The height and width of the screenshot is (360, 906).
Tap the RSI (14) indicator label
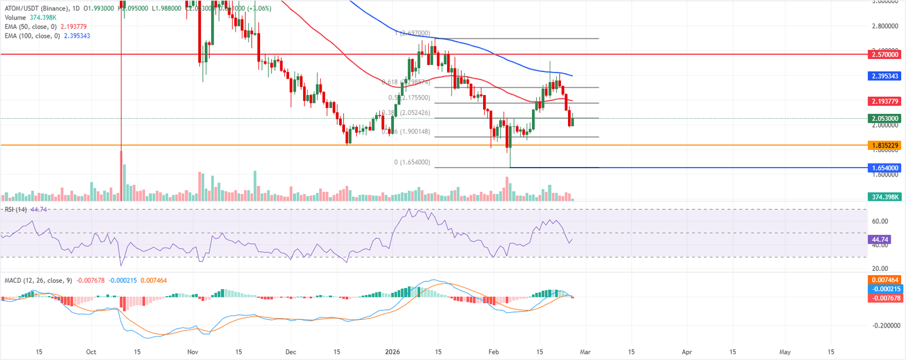click(17, 210)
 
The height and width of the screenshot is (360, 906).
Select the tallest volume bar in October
click(122, 176)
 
